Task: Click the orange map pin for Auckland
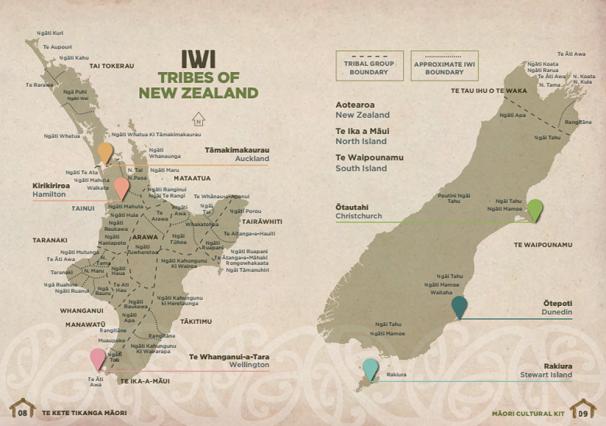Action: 105,153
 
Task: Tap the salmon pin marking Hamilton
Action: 122,187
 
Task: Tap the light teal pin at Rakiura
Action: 370,368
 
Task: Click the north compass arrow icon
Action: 197,119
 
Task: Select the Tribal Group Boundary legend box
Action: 368,66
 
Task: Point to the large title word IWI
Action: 199,60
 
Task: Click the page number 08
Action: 23,413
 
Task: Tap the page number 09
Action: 584,413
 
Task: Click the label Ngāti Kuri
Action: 50,33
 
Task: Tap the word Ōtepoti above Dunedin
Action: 558,303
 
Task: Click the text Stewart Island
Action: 545,375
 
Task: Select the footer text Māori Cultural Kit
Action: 528,413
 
